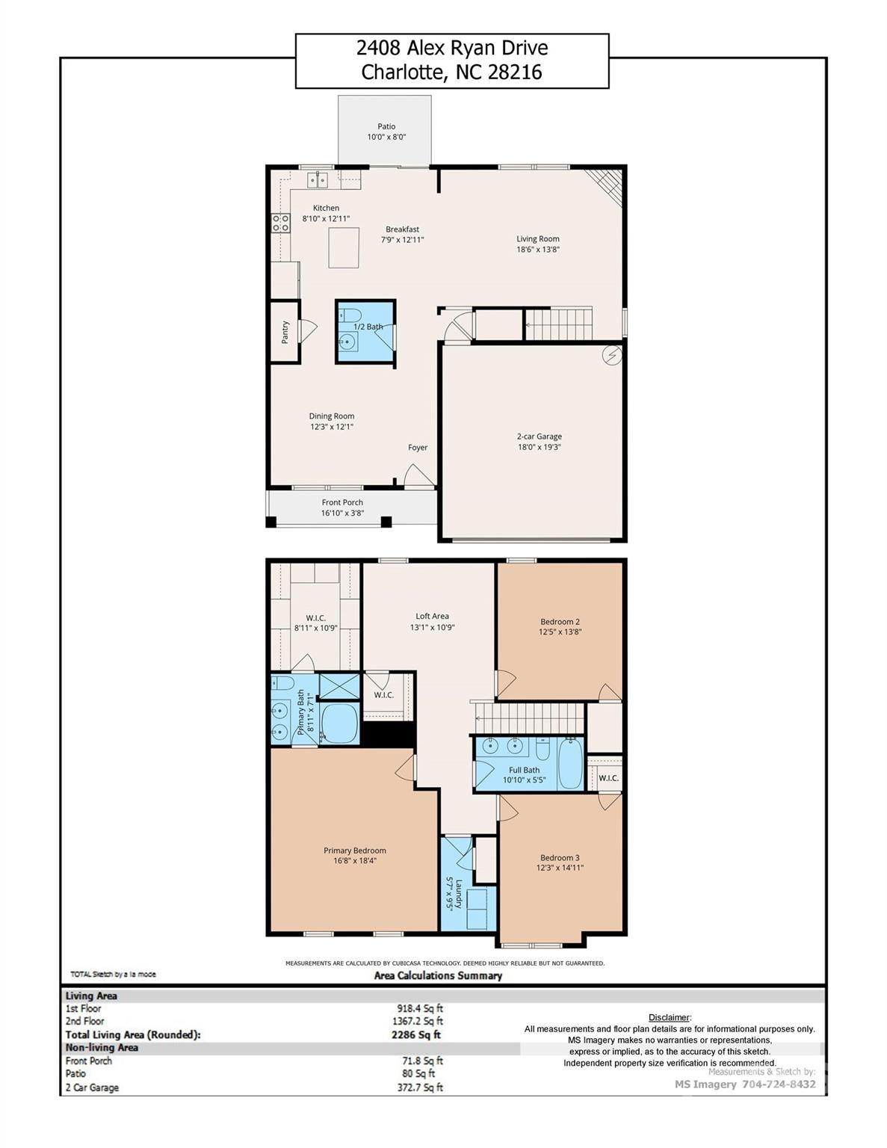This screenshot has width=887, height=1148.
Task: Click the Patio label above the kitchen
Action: point(386,126)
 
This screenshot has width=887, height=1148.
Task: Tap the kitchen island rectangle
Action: point(343,247)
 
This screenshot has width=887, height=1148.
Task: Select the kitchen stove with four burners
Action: point(280,222)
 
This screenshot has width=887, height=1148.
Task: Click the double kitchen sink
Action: point(318,179)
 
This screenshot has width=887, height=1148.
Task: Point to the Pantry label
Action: point(285,332)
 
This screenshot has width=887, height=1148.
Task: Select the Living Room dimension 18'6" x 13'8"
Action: point(538,250)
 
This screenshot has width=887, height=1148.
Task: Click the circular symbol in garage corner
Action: point(612,356)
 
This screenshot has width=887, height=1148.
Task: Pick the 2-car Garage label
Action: point(539,436)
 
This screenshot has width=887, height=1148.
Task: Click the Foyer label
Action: point(418,448)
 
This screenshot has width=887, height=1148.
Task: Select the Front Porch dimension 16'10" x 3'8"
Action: point(342,513)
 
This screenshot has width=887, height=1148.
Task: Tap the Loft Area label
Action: point(432,617)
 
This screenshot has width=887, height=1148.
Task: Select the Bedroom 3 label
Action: point(560,858)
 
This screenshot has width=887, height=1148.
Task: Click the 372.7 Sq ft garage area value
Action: point(420,1087)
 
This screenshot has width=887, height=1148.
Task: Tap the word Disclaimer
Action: point(669,1017)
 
